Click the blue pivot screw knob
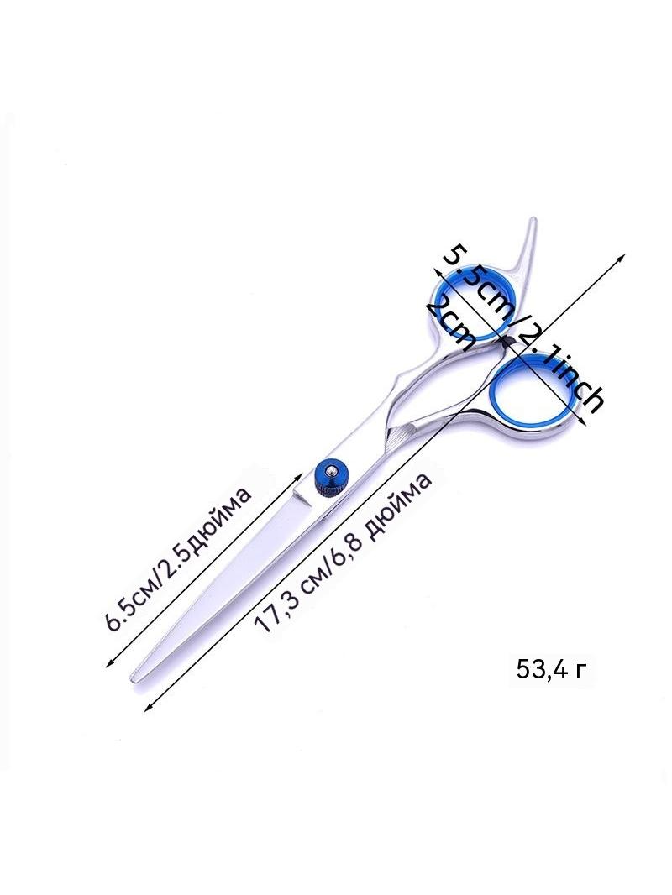coord(331,476)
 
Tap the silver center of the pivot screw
coord(332,471)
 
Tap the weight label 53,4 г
coord(550,668)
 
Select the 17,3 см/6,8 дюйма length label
coord(343,553)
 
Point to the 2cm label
coord(451,326)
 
